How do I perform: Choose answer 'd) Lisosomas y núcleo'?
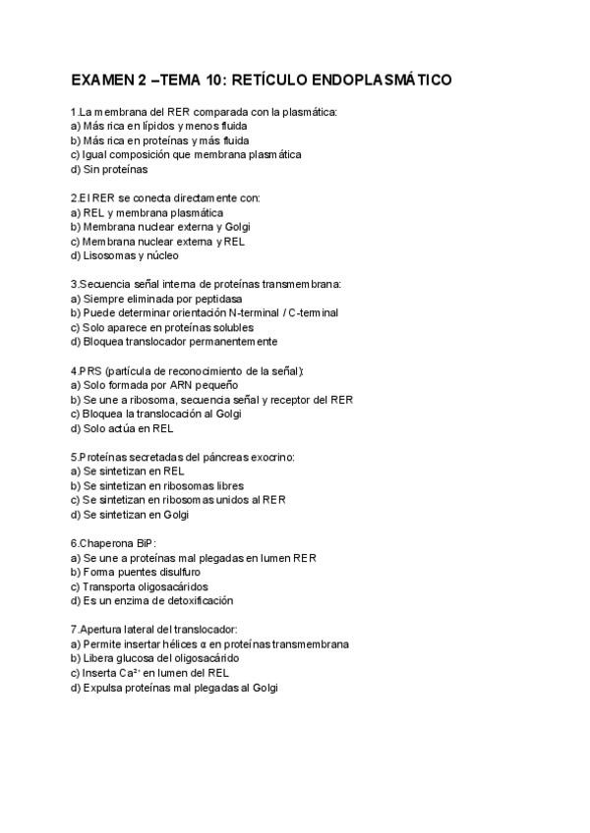point(124,255)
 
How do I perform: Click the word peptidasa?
point(214,299)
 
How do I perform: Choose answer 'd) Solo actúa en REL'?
point(123,428)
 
